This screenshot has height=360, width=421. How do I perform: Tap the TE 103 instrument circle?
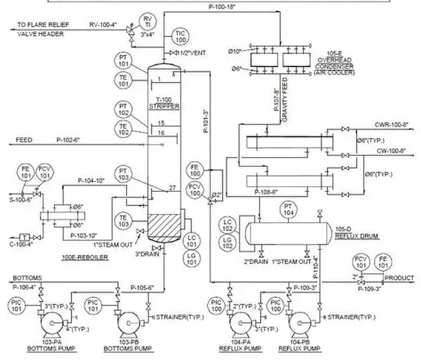[123, 220]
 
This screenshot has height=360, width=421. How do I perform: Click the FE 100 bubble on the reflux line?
[194, 170]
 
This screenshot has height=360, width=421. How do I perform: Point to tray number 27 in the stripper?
[172, 189]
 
